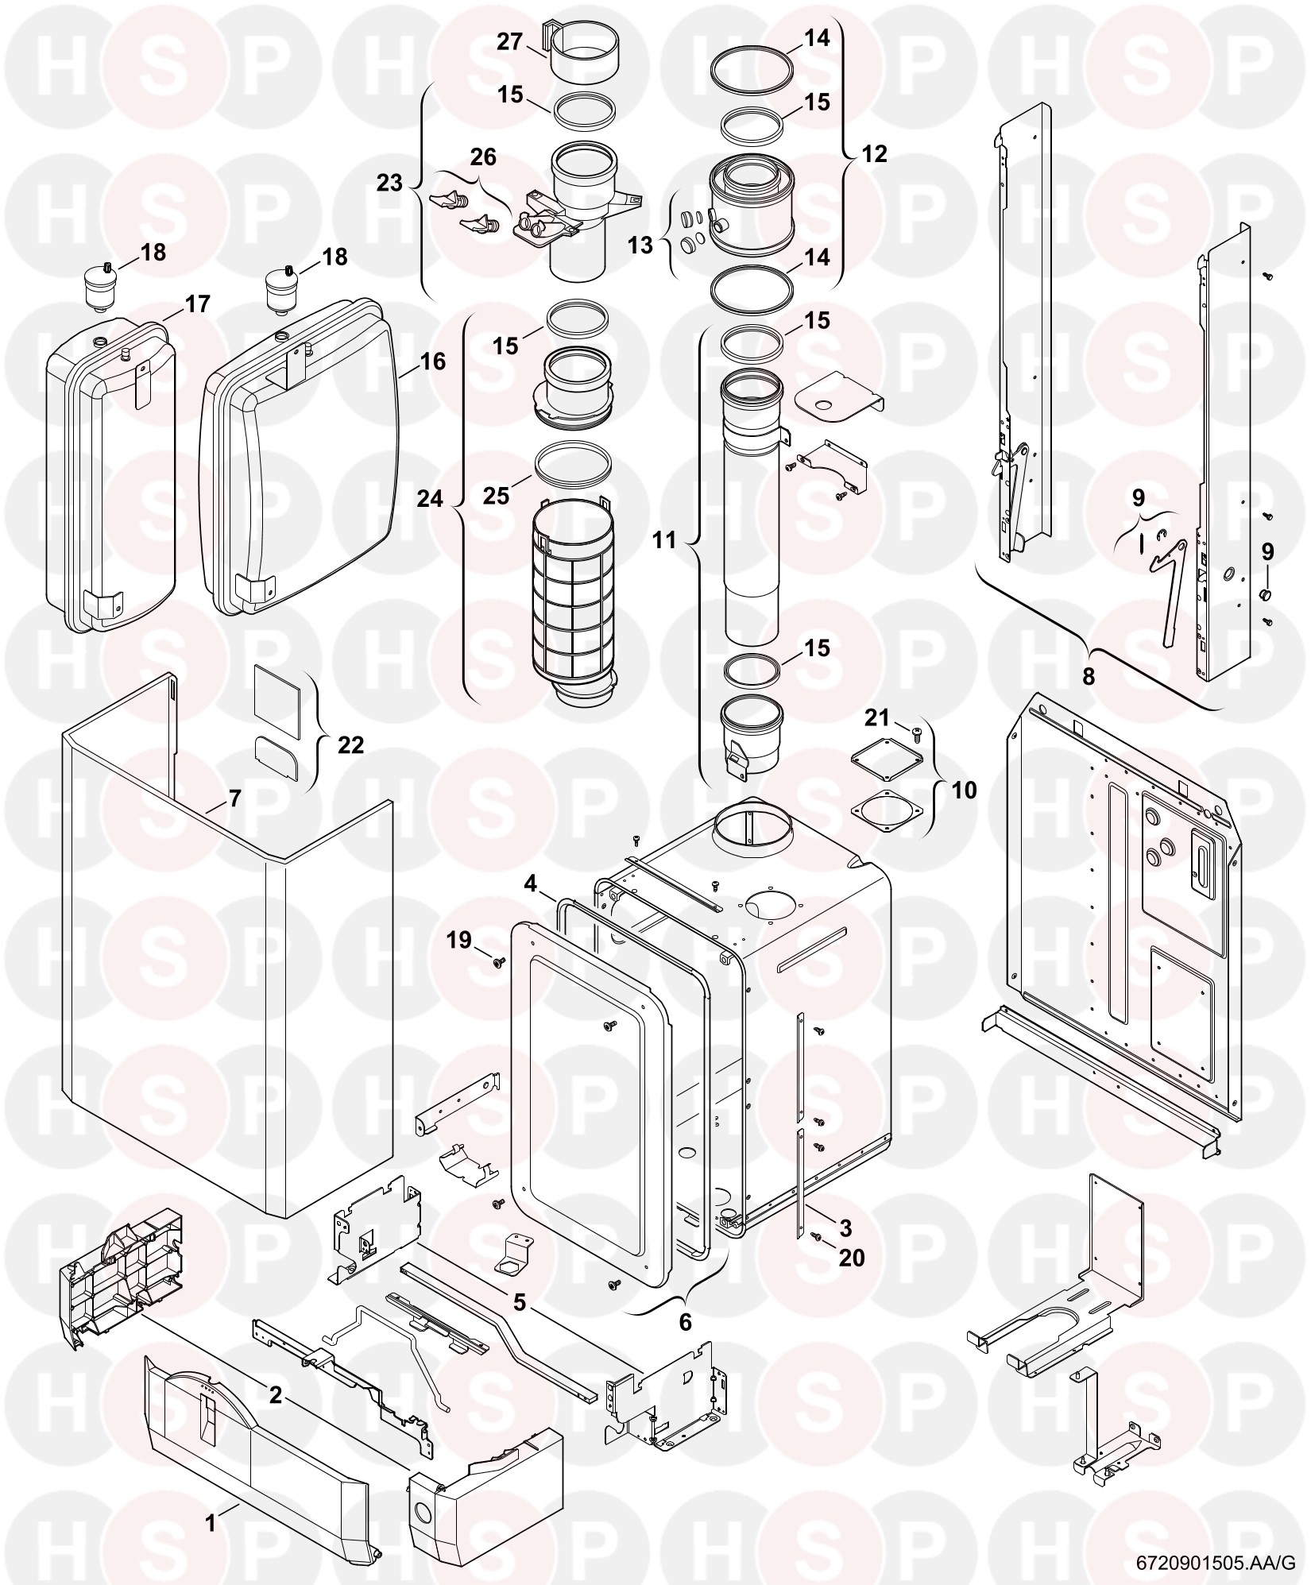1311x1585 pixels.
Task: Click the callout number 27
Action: point(510,41)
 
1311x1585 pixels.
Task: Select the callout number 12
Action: point(874,153)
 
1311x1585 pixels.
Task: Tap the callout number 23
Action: point(389,183)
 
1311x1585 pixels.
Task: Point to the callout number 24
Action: point(430,498)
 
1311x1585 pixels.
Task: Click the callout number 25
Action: point(497,496)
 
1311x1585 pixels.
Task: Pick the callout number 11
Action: point(663,540)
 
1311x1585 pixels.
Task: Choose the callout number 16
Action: point(433,361)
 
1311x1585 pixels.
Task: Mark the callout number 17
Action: point(197,303)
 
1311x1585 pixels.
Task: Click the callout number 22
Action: point(350,744)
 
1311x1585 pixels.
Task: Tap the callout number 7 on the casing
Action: point(234,798)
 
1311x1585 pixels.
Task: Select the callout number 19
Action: point(458,941)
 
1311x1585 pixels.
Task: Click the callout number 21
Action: point(876,717)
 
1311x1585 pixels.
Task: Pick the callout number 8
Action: point(1088,676)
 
